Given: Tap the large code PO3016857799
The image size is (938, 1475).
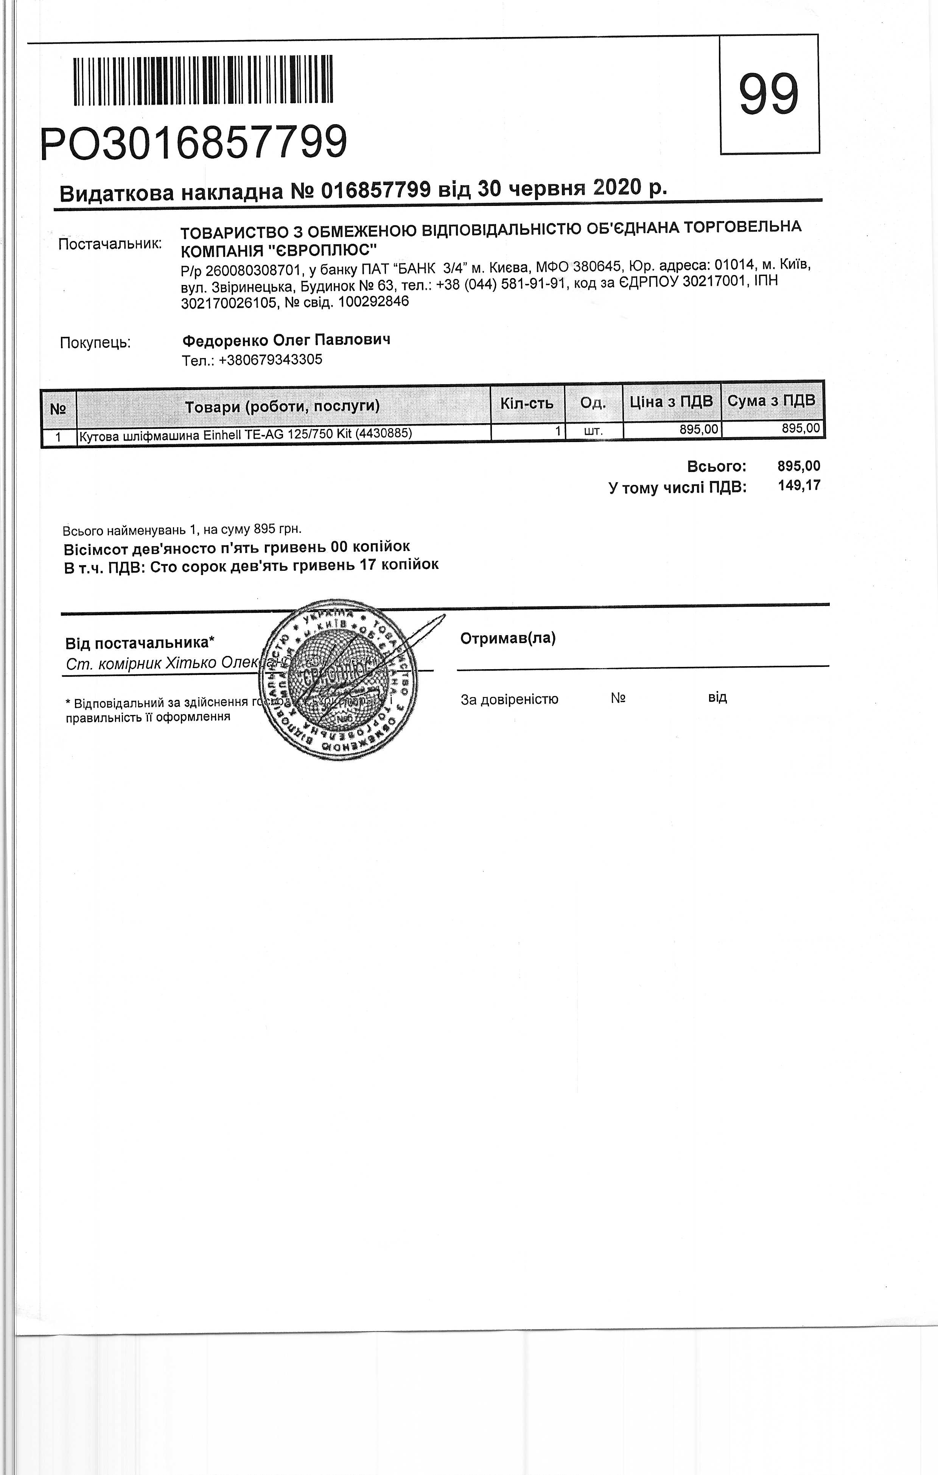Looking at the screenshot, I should click(x=193, y=143).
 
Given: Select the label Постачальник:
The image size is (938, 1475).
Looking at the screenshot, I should click(x=110, y=244).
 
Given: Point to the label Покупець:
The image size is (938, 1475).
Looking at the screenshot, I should click(x=95, y=343).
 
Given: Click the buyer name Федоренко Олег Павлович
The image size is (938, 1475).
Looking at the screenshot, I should click(x=286, y=340).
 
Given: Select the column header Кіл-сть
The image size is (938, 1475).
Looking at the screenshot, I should click(x=527, y=403).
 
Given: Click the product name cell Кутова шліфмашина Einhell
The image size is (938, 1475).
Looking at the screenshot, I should click(x=245, y=434).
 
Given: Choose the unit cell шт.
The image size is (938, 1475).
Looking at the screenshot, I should click(x=593, y=431).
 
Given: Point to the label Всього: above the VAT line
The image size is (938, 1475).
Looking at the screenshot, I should click(x=716, y=466).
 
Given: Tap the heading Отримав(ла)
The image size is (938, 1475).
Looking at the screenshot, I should click(x=507, y=638).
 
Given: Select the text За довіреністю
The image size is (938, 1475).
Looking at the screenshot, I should click(x=509, y=699).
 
